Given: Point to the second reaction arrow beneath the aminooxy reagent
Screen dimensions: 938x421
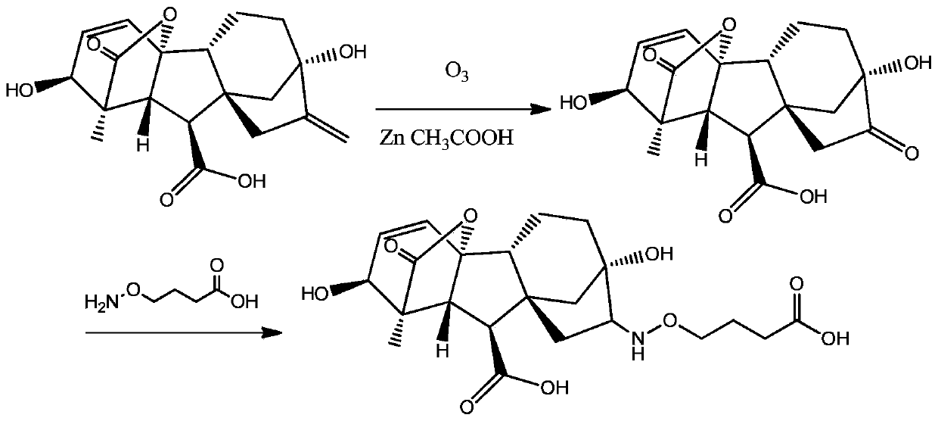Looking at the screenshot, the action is pyautogui.click(x=174, y=332).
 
